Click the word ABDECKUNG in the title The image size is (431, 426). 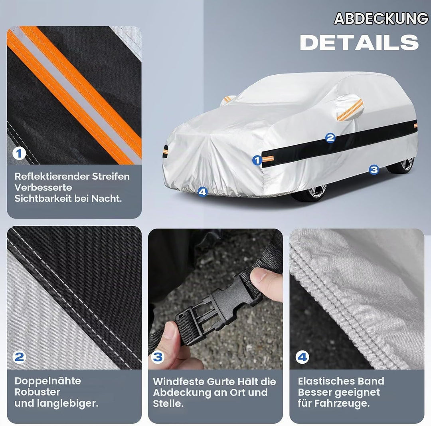[x=381, y=19]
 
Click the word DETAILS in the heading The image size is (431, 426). [x=359, y=43]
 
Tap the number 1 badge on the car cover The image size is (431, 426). [x=257, y=160]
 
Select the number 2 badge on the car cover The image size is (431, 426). [x=330, y=137]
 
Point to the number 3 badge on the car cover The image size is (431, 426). [x=374, y=169]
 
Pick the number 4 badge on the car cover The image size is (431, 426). [x=203, y=191]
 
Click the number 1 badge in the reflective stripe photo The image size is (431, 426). [x=19, y=153]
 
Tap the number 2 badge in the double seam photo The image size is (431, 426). [x=19, y=357]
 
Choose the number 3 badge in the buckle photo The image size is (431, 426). [x=158, y=357]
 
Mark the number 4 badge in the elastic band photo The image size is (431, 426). [x=302, y=357]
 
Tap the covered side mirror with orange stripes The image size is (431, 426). [x=349, y=107]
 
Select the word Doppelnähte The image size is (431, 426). [x=48, y=381]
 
